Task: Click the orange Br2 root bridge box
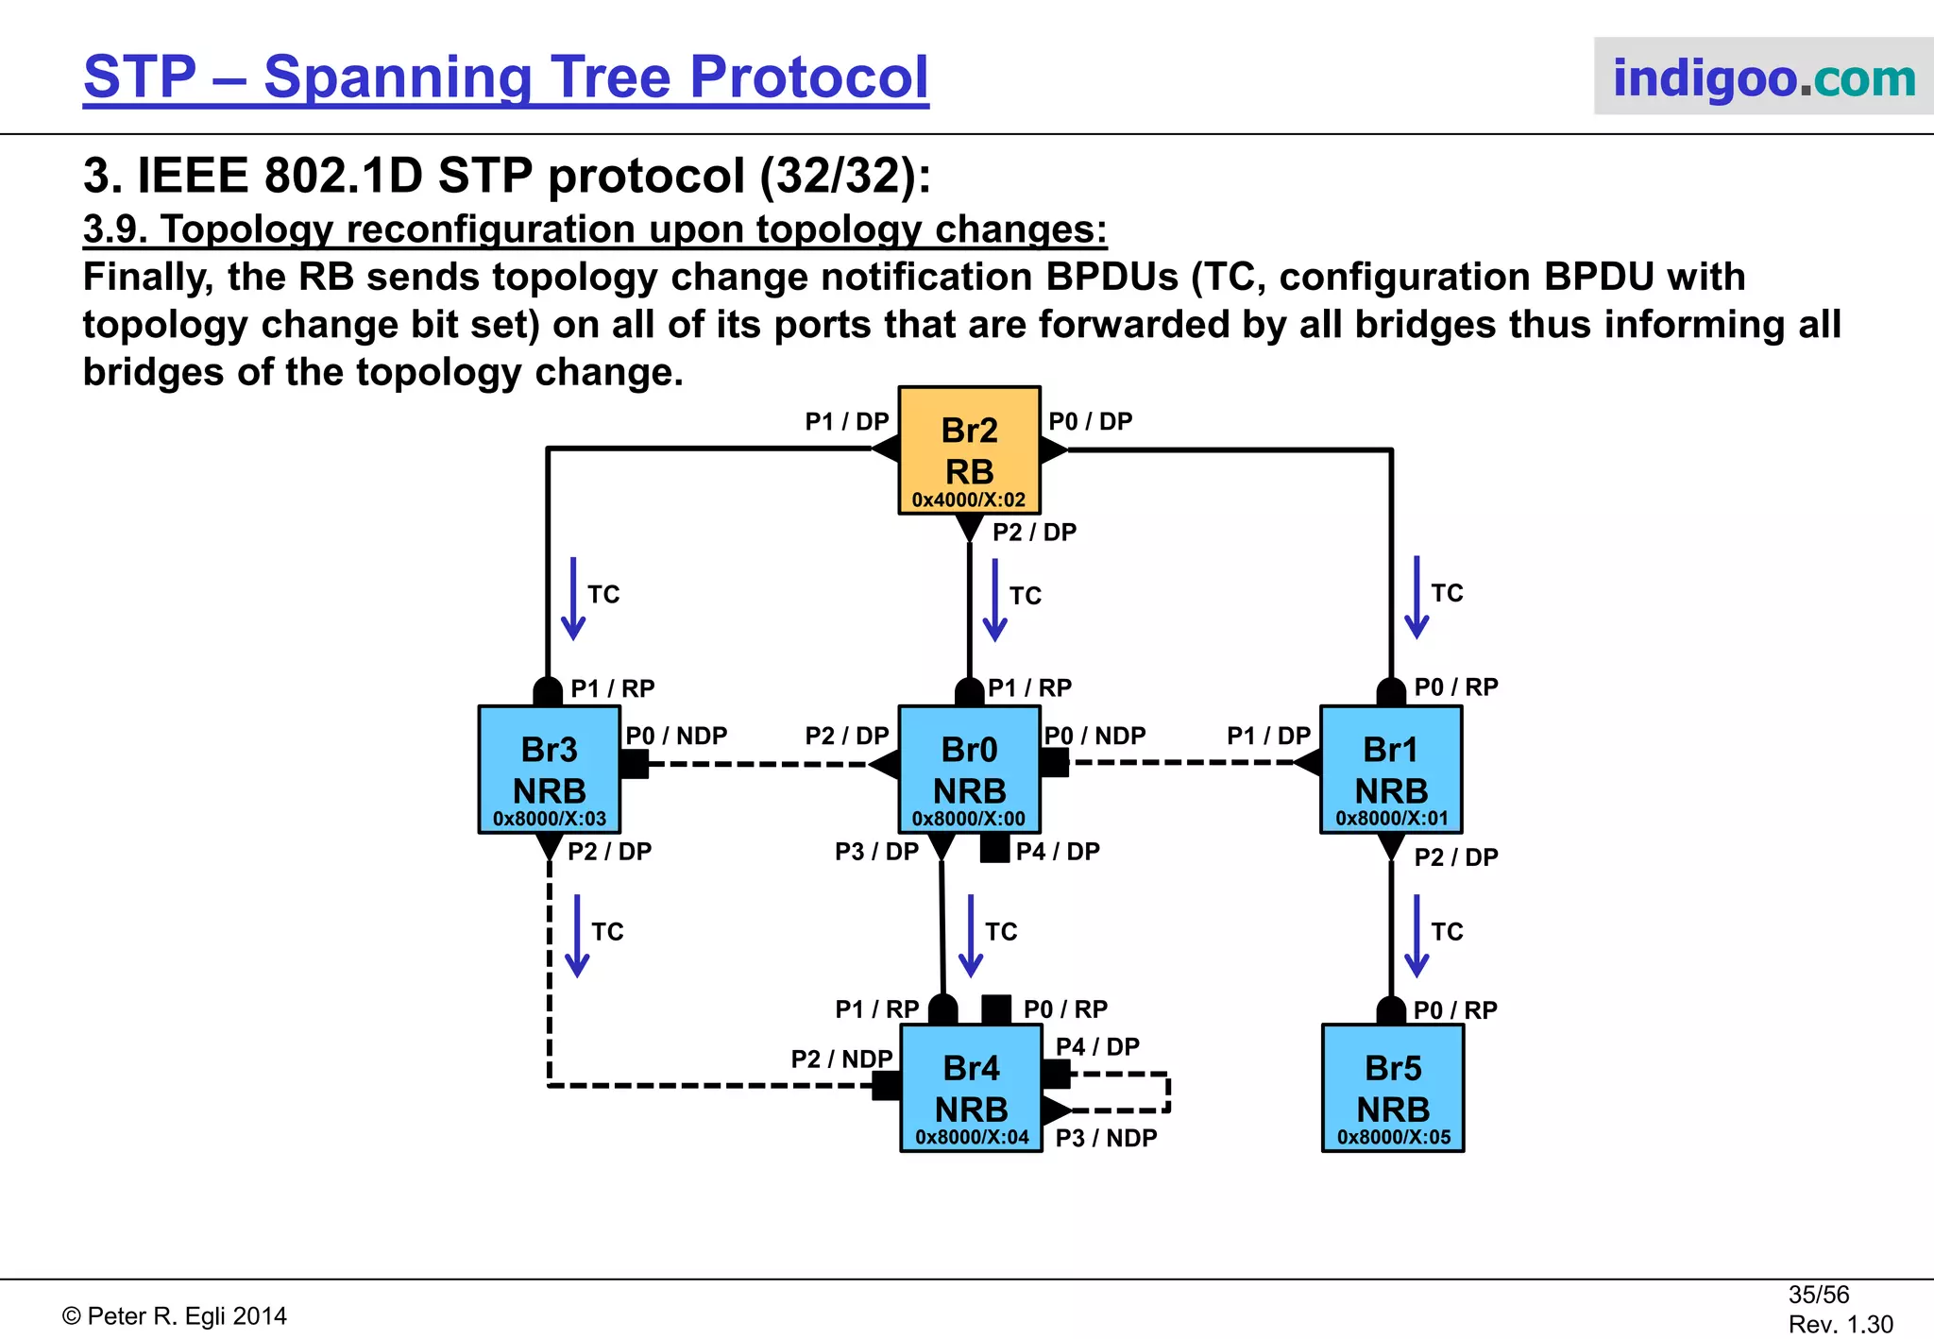pyautogui.click(x=969, y=449)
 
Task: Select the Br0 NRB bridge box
pyautogui.click(x=969, y=769)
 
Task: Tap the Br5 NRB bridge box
pyautogui.click(x=1393, y=1088)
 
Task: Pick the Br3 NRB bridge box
pyautogui.click(x=549, y=769)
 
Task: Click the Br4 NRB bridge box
pyautogui.click(x=971, y=1088)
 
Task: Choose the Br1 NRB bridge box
pyautogui.click(x=1391, y=769)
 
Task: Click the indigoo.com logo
pyautogui.click(x=1763, y=77)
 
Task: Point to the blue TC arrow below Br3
pyautogui.click(x=576, y=936)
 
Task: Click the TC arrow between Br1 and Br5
pyautogui.click(x=1417, y=936)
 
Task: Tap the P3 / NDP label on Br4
pyautogui.click(x=1106, y=1138)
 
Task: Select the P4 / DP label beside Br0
pyautogui.click(x=1058, y=852)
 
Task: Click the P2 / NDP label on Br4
pyautogui.click(x=841, y=1059)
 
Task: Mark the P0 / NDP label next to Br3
pyautogui.click(x=676, y=736)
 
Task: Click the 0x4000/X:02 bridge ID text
pyautogui.click(x=969, y=500)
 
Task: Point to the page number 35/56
pyautogui.click(x=1818, y=1295)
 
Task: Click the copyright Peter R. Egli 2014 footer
pyautogui.click(x=175, y=1316)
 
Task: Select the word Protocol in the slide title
pyautogui.click(x=809, y=77)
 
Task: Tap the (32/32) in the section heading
pyautogui.click(x=845, y=176)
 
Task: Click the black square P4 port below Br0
pyautogui.click(x=994, y=848)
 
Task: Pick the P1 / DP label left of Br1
pyautogui.click(x=1268, y=736)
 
